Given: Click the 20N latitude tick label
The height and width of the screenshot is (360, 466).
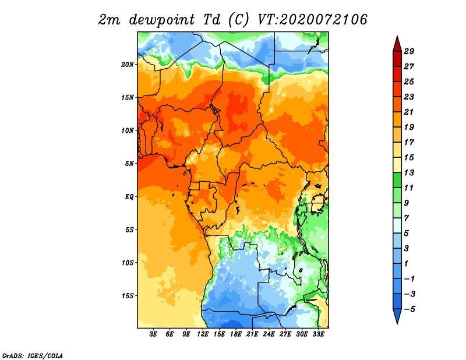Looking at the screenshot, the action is point(128,64).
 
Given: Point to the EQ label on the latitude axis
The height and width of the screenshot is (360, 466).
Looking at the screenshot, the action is point(129,197).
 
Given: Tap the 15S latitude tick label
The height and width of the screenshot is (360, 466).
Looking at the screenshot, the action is point(128,296).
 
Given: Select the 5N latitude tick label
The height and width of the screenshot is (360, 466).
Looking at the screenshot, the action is point(129,164).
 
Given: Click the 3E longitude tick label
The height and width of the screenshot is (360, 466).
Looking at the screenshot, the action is point(153,334).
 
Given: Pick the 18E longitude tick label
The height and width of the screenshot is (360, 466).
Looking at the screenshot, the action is point(236,334).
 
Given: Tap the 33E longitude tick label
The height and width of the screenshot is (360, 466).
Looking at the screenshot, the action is point(318,334).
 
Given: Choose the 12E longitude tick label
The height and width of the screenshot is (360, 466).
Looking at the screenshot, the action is point(203,334).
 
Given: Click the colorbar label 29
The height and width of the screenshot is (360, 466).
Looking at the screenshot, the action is point(409,51).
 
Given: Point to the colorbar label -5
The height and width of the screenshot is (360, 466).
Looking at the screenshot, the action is point(409,309).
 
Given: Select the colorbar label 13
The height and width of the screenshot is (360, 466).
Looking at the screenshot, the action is point(409,172).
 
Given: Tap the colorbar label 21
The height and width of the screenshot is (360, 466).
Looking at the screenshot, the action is point(409,112).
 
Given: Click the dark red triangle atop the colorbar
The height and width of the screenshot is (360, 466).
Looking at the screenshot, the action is point(397,45).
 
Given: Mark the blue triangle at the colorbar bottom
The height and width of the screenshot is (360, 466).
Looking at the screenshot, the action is point(397,315).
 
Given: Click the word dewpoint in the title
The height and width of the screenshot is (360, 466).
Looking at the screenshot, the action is point(162,20).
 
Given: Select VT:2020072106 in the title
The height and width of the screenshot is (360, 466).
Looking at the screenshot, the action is point(312,20).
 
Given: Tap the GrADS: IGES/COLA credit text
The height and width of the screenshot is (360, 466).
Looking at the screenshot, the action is point(33,355).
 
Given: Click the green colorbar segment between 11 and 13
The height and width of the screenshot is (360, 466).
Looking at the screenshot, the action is point(397,180).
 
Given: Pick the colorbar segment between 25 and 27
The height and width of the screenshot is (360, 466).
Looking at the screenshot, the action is point(397,74).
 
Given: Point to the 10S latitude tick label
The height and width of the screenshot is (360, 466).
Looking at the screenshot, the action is point(128,263).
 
